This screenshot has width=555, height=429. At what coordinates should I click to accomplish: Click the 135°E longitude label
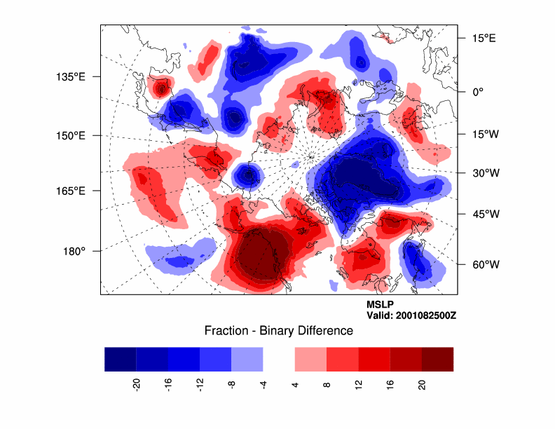tap(73, 76)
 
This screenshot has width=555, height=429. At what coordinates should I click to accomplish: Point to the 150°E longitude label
tap(73, 135)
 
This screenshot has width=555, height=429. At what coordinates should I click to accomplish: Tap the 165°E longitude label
tap(73, 191)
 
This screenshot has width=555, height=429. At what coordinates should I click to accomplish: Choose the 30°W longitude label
tap(483, 172)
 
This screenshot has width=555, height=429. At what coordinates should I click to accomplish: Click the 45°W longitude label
tap(483, 214)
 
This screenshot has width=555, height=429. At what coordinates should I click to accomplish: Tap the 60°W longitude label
tap(483, 264)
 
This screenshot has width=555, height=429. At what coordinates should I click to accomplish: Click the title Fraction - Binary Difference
tap(278, 330)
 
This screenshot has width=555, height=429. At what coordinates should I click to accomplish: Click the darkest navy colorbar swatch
tap(120, 358)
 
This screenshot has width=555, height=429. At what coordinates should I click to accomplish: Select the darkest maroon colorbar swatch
tap(437, 358)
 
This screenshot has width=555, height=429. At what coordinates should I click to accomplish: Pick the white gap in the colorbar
tap(279, 358)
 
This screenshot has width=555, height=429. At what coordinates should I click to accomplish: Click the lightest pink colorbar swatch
tap(310, 358)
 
